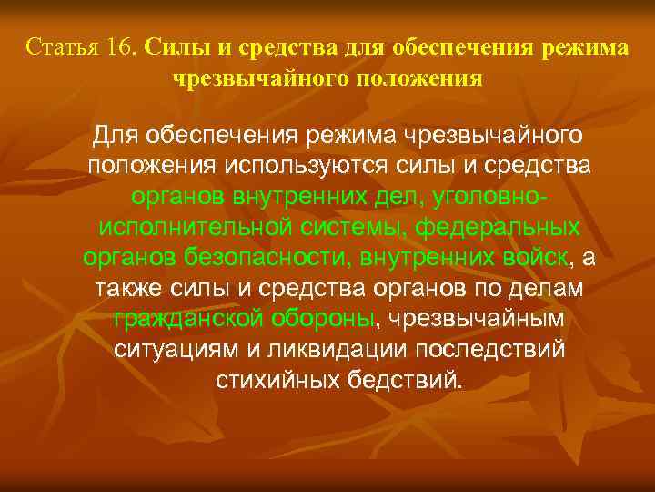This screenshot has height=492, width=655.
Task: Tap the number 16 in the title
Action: click(119, 46)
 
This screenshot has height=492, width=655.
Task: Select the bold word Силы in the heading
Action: click(168, 46)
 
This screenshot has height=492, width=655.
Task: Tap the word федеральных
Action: click(503, 227)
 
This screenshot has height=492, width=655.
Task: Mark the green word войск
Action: click(536, 257)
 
